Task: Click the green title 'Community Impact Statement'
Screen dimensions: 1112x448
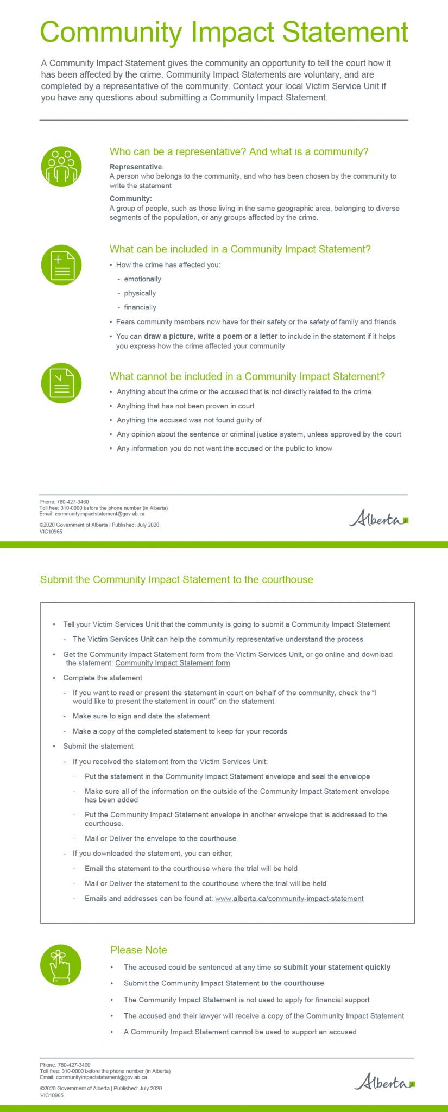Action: pos(224,32)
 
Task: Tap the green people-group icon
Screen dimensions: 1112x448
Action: pos(61,166)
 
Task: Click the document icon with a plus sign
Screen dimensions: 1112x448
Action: pos(61,265)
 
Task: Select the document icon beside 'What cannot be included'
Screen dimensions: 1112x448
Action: pos(61,383)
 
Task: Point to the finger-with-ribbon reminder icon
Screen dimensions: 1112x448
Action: pos(61,965)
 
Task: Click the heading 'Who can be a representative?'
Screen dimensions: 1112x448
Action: pos(239,152)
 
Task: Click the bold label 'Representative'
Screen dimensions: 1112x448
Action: pos(136,167)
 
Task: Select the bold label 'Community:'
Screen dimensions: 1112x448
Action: pos(131,199)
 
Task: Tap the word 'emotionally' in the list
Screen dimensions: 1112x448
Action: pos(142,279)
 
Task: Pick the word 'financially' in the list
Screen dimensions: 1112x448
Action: pos(140,307)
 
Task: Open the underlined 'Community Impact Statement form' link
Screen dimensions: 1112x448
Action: pos(173,663)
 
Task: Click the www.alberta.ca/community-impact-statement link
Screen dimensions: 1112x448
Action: pos(289,899)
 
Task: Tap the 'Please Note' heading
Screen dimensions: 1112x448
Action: pos(138,950)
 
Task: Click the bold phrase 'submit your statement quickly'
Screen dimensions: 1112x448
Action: pos(337,968)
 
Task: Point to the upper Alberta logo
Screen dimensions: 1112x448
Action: pos(378,519)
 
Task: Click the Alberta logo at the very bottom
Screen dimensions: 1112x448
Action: pos(384,1082)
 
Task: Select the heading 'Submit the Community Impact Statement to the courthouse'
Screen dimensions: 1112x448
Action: pos(176,580)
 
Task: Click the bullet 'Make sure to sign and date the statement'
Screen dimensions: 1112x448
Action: pos(141,716)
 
